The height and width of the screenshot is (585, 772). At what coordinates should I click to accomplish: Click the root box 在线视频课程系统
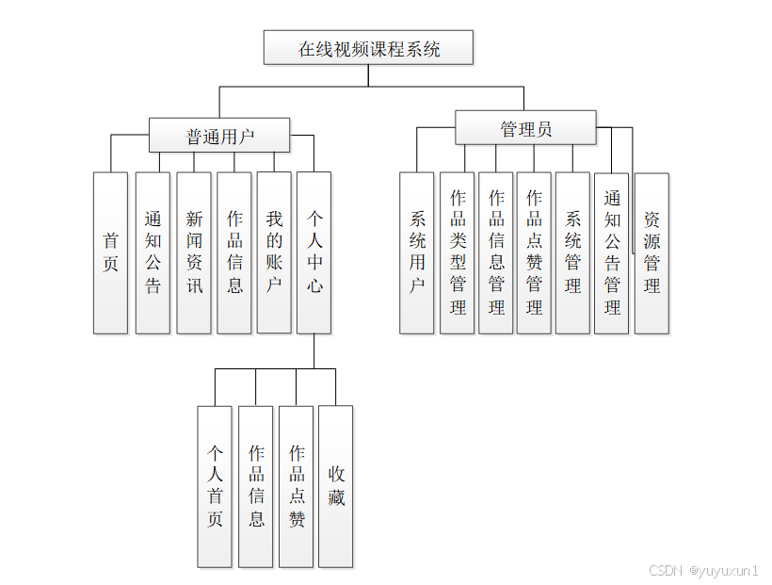368,48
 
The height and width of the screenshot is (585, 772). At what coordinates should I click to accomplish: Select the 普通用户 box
219,135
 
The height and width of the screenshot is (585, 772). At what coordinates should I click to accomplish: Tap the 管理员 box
525,128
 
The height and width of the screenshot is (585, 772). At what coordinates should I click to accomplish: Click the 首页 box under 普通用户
110,252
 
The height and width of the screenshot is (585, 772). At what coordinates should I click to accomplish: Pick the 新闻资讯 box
193,252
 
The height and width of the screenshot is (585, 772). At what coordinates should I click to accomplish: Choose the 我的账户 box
274,252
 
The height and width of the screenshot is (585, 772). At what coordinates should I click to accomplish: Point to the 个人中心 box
314,252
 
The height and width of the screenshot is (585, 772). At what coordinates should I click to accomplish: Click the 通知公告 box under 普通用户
153,252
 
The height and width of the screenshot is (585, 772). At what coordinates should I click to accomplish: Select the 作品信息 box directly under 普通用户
234,252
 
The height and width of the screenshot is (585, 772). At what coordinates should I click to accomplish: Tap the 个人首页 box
215,486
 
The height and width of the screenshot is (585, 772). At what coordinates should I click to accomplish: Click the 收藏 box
335,486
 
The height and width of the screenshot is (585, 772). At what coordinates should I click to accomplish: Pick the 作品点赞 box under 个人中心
296,486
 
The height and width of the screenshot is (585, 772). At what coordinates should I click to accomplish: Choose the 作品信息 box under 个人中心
255,486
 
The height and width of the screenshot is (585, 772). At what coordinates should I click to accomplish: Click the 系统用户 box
417,252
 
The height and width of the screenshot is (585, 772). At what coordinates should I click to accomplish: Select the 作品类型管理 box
458,252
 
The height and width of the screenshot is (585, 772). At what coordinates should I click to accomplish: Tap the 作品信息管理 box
496,252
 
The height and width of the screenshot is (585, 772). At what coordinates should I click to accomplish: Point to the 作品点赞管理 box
534,252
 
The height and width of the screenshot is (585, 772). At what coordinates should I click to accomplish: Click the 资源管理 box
651,252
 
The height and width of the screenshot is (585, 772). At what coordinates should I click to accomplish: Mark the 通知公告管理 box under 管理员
612,252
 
